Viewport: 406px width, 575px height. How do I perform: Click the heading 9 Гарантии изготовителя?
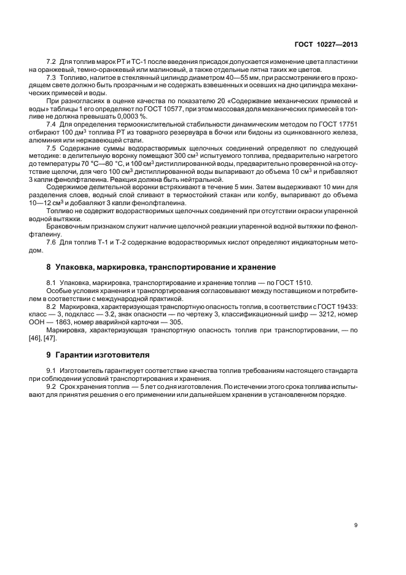tap(101, 356)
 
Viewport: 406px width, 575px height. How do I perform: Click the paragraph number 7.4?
tap(52, 124)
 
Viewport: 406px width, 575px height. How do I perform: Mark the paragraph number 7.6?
tap(52, 244)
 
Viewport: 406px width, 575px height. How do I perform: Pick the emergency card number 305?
tap(175, 322)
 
